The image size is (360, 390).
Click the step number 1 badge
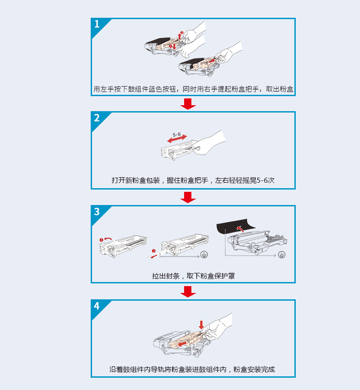(97, 25)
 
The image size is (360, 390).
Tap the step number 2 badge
(97, 118)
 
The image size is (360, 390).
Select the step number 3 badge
(97, 212)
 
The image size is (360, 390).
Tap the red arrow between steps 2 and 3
(188, 197)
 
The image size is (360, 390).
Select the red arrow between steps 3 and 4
(188, 291)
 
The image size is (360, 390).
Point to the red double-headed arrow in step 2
(177, 139)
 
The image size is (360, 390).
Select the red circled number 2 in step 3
(154, 251)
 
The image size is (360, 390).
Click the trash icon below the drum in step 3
(282, 255)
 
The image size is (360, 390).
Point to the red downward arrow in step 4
(201, 325)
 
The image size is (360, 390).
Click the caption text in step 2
(193, 180)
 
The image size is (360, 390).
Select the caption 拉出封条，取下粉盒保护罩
(193, 276)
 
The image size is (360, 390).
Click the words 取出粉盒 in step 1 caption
(279, 89)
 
